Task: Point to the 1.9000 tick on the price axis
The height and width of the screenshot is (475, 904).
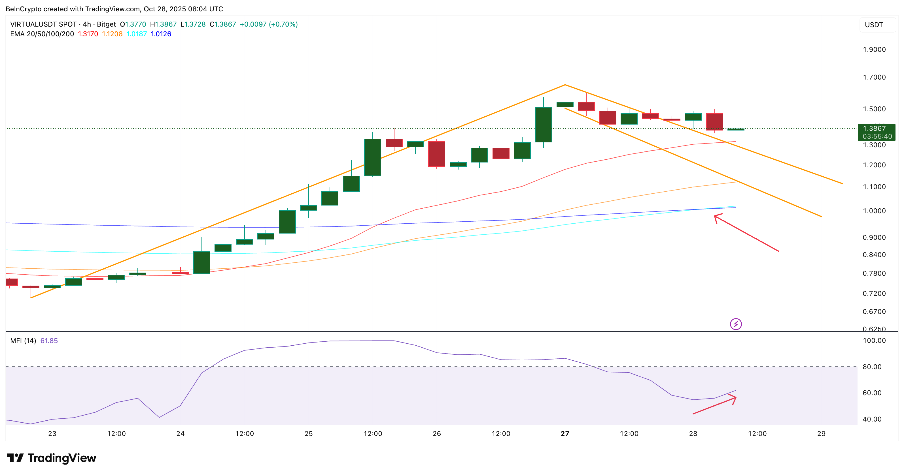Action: tap(874, 50)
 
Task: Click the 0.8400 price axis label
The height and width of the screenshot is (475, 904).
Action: tap(874, 255)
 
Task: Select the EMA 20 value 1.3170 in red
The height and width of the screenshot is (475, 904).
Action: tap(88, 34)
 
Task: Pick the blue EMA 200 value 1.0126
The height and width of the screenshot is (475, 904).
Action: tap(161, 34)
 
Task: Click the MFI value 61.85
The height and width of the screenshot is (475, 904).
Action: tap(49, 341)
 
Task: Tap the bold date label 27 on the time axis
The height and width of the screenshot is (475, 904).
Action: tap(565, 434)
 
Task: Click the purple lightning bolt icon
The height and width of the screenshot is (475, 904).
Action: tap(736, 324)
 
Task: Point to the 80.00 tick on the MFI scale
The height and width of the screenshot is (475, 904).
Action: tap(872, 367)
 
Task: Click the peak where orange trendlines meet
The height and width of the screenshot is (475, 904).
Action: tap(565, 85)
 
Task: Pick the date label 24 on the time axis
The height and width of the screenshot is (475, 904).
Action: tap(181, 434)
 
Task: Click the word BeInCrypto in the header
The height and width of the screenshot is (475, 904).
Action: tap(24, 9)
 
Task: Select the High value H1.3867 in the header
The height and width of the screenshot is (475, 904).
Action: tap(163, 24)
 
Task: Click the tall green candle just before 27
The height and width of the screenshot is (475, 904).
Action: tap(543, 125)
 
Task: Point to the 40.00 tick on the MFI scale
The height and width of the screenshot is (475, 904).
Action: tap(872, 419)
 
